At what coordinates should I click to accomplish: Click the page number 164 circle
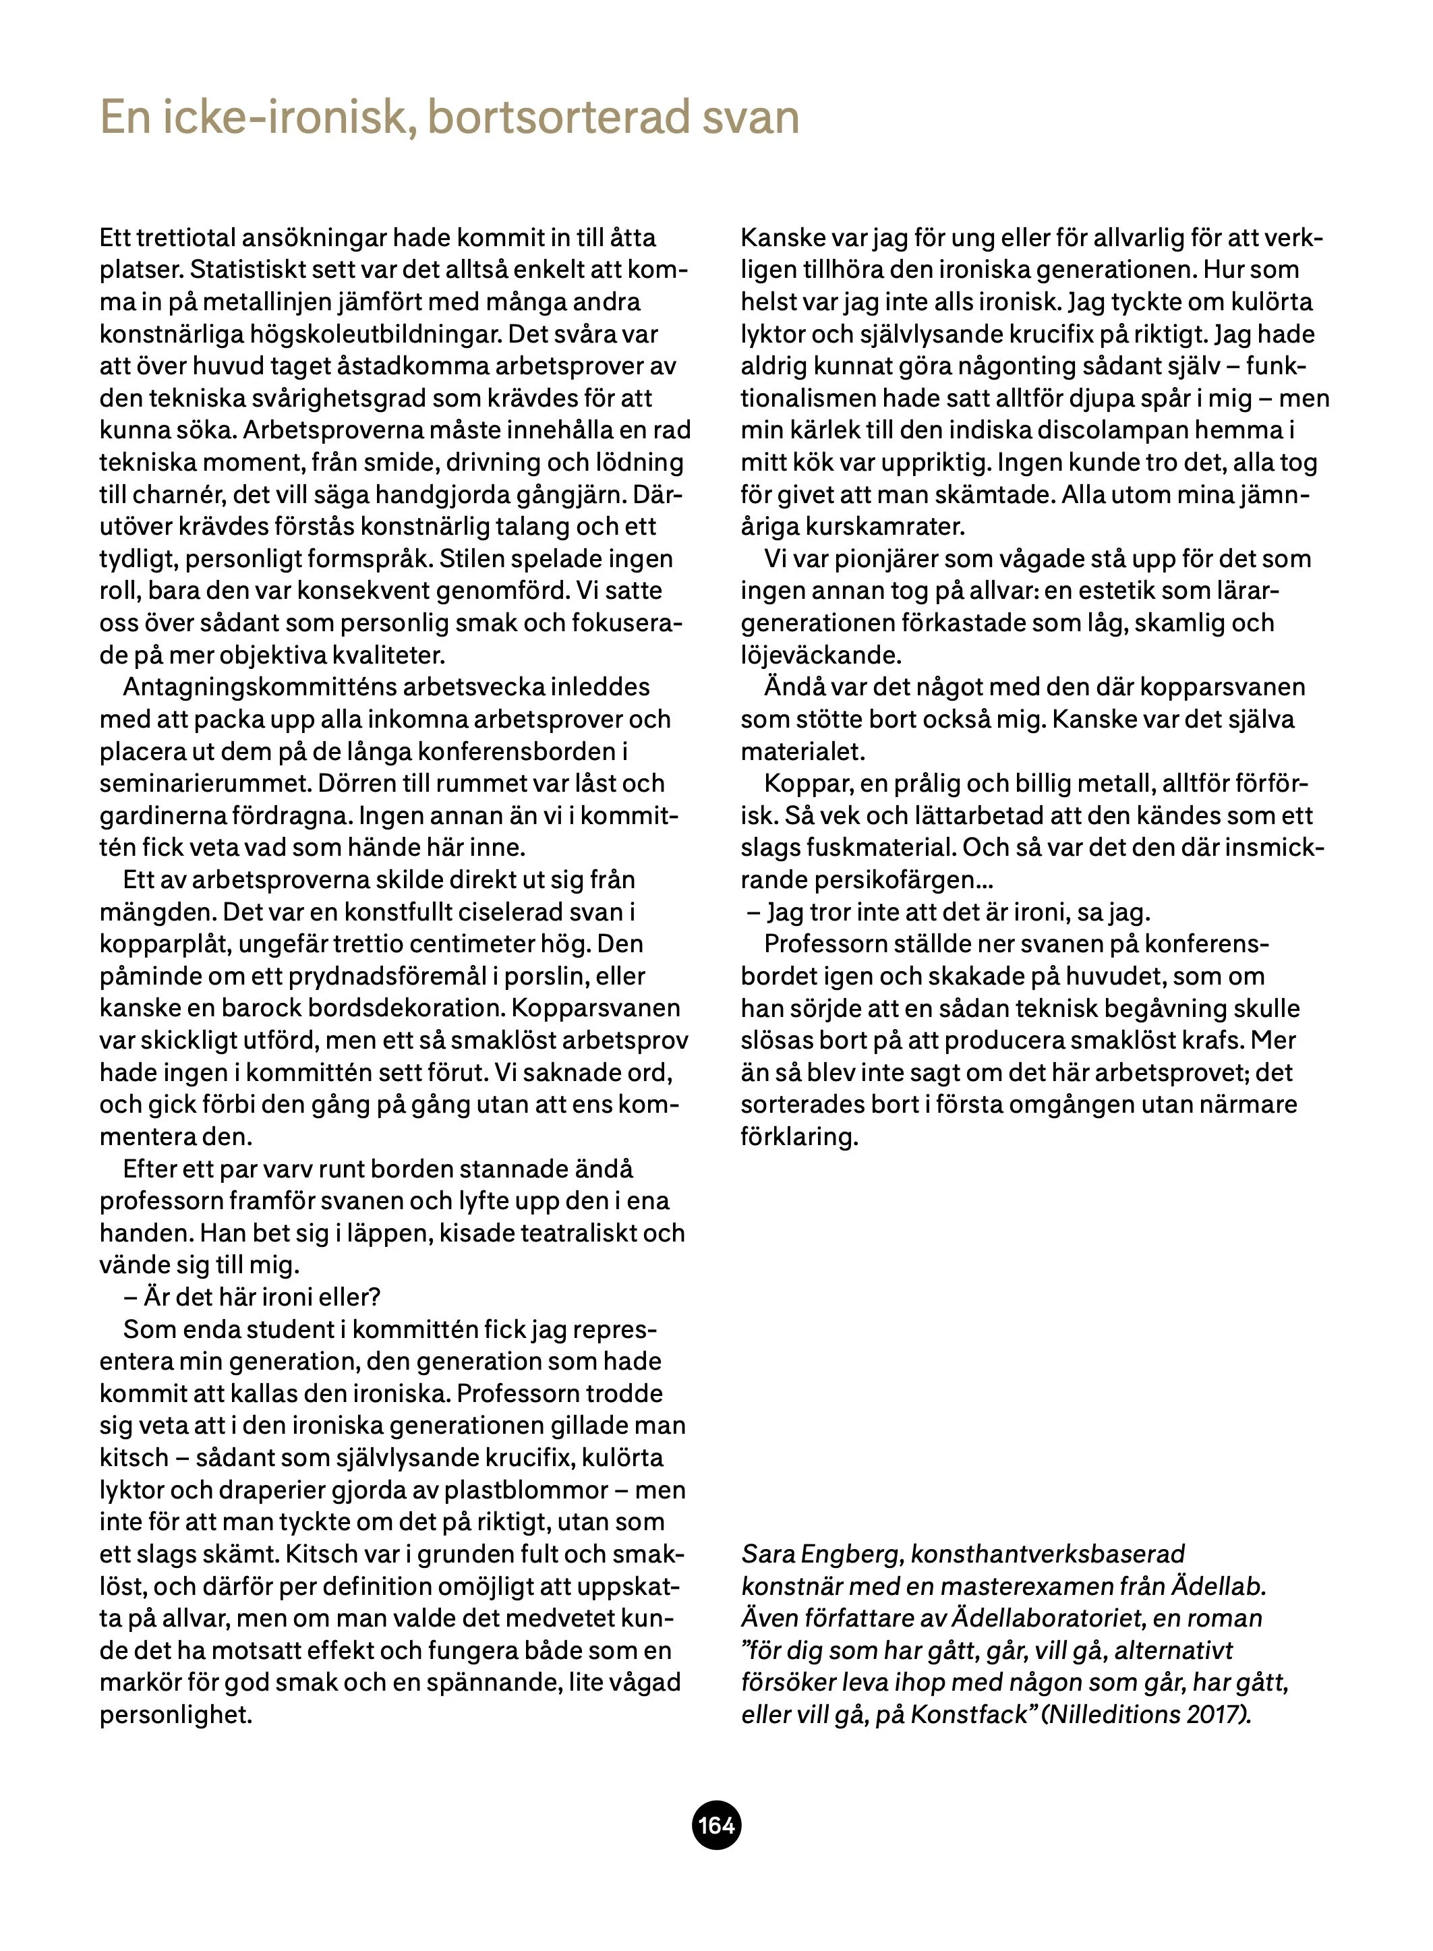pos(715,1825)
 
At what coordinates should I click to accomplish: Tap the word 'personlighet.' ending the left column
pos(175,1714)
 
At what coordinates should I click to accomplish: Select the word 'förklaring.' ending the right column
pos(799,1136)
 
